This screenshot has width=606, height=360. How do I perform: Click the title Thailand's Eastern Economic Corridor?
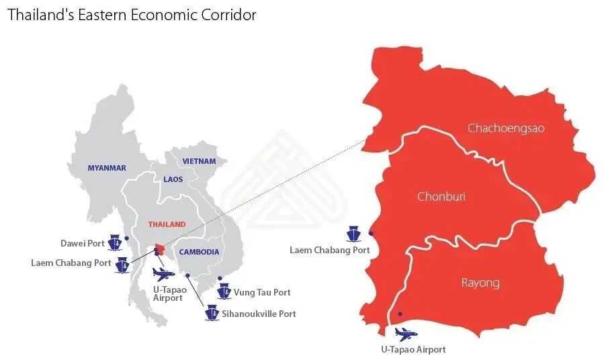(132, 15)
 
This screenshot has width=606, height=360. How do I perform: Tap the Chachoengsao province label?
(506, 128)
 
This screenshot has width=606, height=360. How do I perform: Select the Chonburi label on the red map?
(441, 197)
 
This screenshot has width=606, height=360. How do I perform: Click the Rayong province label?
(480, 282)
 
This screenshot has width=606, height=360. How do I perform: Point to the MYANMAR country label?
(107, 168)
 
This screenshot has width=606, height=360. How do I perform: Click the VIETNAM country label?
(200, 161)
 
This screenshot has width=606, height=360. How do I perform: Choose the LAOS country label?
(173, 179)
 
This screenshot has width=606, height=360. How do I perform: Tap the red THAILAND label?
(167, 224)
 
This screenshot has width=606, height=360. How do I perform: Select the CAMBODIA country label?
(199, 252)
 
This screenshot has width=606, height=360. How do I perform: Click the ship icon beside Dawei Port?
(116, 243)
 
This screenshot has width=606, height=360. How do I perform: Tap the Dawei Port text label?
(83, 243)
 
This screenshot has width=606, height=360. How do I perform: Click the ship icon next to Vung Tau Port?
(224, 292)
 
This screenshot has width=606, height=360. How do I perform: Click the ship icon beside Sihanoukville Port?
(212, 313)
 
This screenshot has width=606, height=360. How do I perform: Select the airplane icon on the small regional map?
(163, 273)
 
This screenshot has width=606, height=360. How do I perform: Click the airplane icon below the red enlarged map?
(405, 334)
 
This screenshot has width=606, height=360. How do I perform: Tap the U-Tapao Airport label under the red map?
(413, 349)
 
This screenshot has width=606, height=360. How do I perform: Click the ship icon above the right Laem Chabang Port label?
(353, 234)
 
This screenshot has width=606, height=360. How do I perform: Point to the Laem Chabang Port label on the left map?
(71, 263)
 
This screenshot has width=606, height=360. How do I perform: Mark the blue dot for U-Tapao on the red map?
(400, 314)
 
